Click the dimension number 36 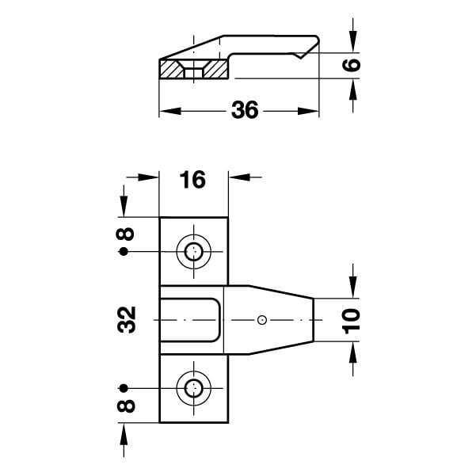[x=245, y=109]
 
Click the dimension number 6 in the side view [x=352, y=65]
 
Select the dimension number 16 [x=192, y=180]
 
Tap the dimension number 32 [x=126, y=320]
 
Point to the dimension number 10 [x=351, y=321]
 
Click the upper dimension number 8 [x=125, y=234]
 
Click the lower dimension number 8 [x=126, y=406]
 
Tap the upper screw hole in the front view [x=194, y=252]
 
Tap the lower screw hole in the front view [x=194, y=388]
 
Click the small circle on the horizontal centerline [x=262, y=320]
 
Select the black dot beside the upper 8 [x=124, y=252]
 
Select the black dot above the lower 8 [x=124, y=388]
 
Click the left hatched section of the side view [x=171, y=69]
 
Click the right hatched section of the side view [x=216, y=69]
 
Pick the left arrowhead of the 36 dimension [x=170, y=111]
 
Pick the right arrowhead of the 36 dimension [x=308, y=111]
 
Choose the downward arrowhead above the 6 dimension [x=352, y=42]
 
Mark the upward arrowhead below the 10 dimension [x=352, y=352]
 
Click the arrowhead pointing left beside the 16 [x=239, y=177]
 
